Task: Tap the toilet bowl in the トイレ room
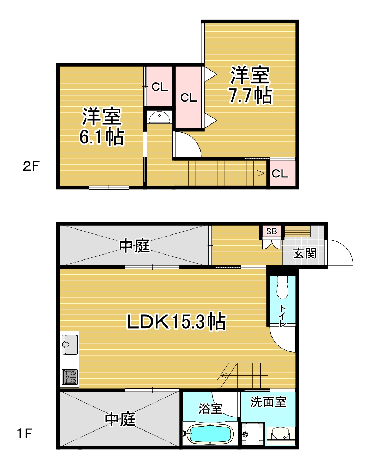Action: click(x=282, y=288)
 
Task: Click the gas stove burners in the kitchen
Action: click(x=70, y=377)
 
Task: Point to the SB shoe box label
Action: click(x=271, y=231)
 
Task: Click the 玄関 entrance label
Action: click(x=304, y=253)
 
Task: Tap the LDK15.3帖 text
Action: click(x=176, y=322)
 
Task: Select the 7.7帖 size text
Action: click(x=251, y=96)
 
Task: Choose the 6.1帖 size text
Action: click(x=102, y=137)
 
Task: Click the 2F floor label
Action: click(x=31, y=166)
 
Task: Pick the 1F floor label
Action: click(x=24, y=433)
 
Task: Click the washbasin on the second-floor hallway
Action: click(x=159, y=117)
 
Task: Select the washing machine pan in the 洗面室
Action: click(x=253, y=434)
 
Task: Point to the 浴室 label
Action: click(x=210, y=409)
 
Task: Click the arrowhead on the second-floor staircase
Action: click(x=262, y=173)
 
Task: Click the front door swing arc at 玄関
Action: click(x=347, y=249)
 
